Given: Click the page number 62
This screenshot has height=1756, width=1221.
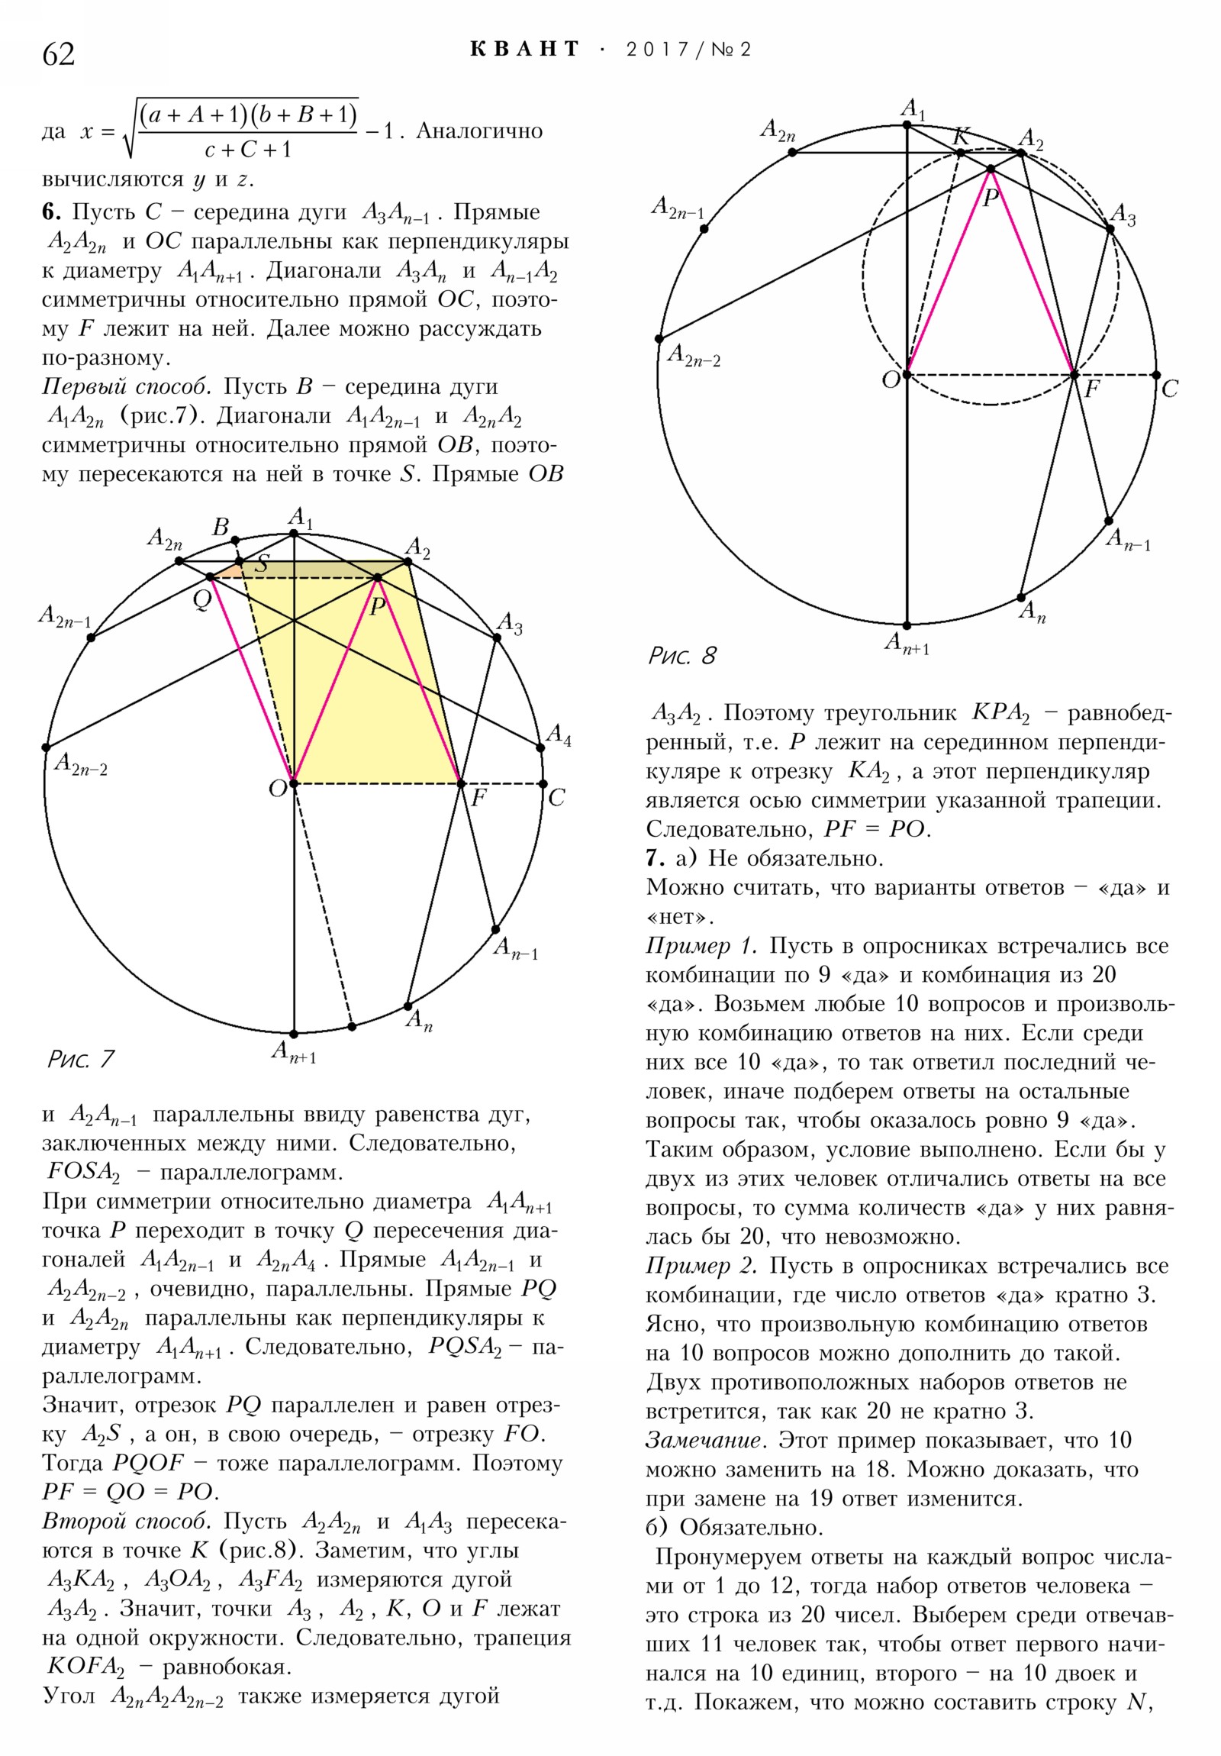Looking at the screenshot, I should coord(59,54).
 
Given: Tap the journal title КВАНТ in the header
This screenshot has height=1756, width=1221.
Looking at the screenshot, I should coord(525,50).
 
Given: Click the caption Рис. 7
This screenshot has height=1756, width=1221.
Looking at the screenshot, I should coord(81,1059).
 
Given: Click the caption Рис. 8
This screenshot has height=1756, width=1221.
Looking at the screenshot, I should coord(682,656).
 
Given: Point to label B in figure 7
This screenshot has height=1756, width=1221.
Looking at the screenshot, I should coord(221,527).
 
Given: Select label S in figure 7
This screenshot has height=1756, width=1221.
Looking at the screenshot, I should coord(262,564).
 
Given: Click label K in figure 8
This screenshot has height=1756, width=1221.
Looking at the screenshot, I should coord(960,137).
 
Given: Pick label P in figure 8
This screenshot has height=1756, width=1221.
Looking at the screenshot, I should coord(991,199).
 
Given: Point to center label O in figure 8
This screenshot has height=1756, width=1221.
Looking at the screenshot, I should coord(891,380).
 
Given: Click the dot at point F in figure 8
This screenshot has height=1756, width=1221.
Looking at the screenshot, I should coord(1074,375).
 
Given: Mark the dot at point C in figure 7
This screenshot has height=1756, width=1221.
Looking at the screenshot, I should coord(543,784).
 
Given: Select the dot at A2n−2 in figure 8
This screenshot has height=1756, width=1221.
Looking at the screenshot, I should coord(659,339).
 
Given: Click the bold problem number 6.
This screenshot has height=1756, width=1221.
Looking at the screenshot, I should coord(50,212).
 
